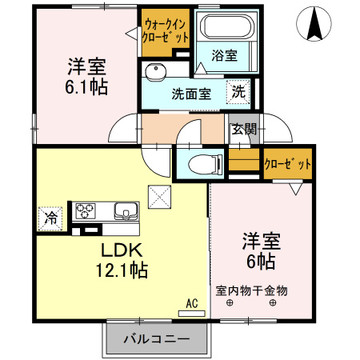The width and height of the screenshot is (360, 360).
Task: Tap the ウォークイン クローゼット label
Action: pos(166,30)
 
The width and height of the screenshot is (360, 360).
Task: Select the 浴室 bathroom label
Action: pos(224,56)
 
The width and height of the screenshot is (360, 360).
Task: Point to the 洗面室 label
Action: pos(191,93)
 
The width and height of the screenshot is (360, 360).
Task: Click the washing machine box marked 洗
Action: pos(238,92)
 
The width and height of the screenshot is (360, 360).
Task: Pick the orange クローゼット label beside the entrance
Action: pos(287,164)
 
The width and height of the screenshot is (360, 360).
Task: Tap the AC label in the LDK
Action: pos(191,303)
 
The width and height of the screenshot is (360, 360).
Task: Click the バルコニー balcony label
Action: pos(156,339)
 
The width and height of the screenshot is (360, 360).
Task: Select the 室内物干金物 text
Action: pos(251,290)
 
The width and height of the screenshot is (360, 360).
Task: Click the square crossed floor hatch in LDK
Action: pos(160,195)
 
